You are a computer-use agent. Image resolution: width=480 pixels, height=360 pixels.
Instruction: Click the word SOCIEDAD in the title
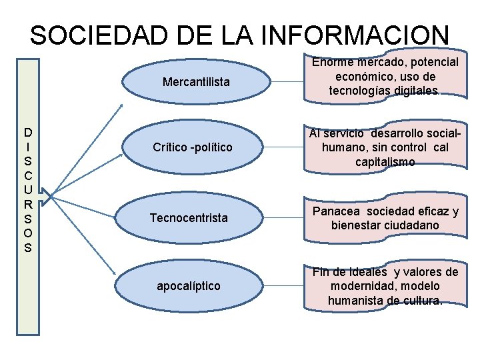pyautogui.click(x=80, y=35)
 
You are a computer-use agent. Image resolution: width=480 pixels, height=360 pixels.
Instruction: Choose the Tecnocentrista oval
pyautogui.click(x=189, y=217)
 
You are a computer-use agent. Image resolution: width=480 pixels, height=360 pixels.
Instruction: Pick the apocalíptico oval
pyautogui.click(x=188, y=285)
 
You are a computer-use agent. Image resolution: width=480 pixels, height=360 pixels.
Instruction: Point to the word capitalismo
pyautogui.click(x=385, y=162)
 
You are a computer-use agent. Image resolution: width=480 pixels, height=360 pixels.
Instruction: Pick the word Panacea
pyautogui.click(x=335, y=211)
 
